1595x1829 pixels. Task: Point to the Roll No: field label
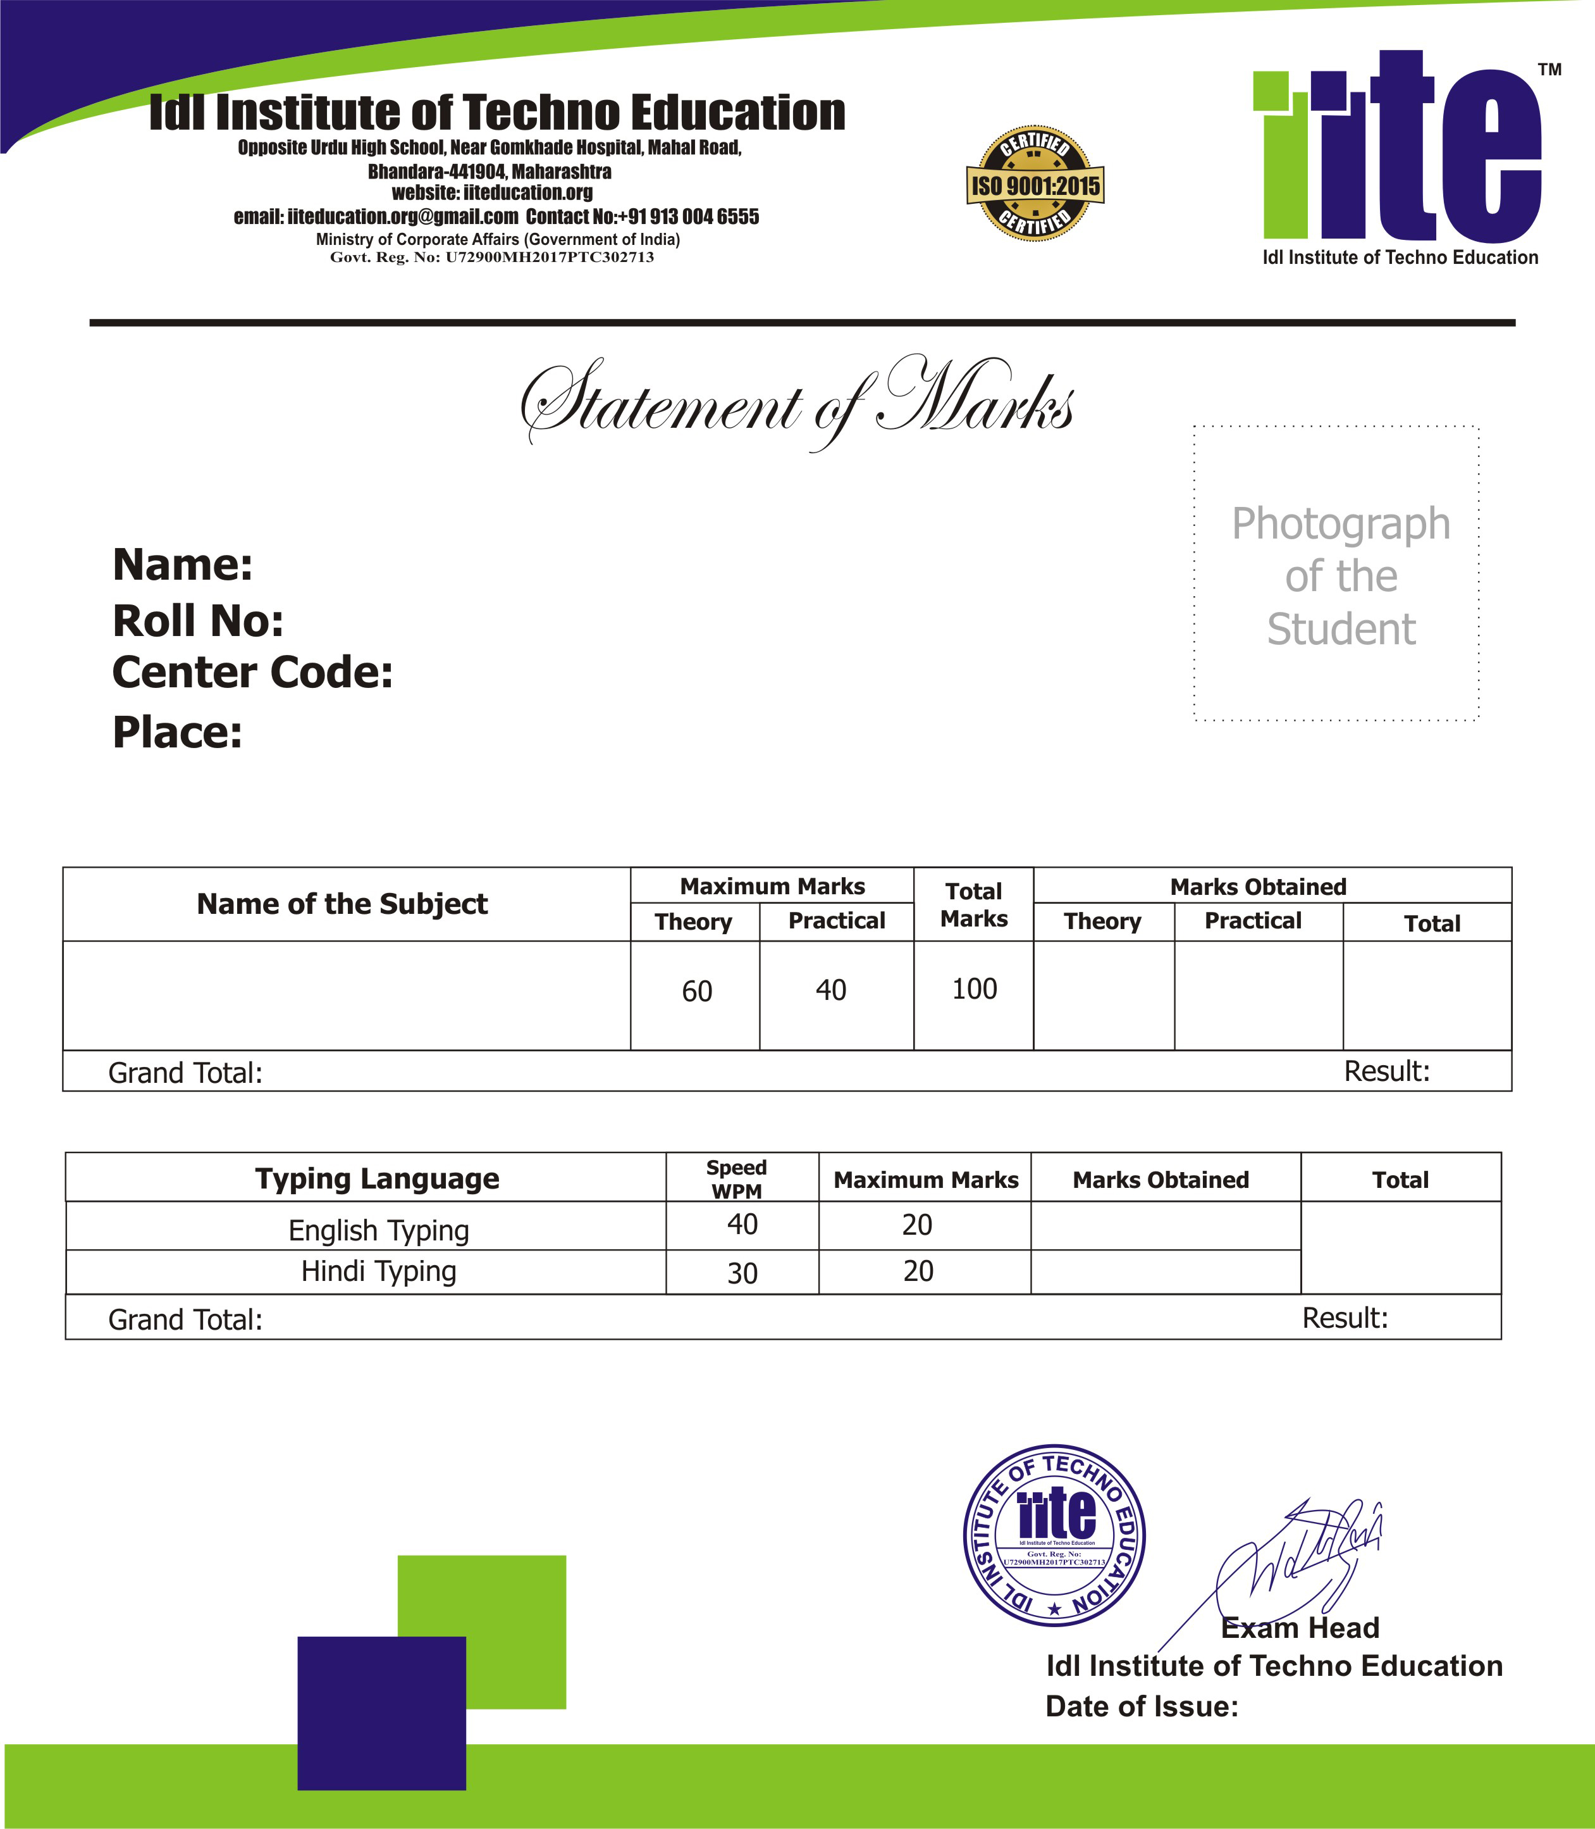(x=197, y=621)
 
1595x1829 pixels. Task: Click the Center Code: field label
(x=252, y=672)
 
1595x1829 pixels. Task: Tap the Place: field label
(x=177, y=733)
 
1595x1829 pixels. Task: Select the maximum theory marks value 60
(x=697, y=991)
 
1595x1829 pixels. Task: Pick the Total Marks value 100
(x=975, y=989)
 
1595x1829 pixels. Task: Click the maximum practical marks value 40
(x=831, y=990)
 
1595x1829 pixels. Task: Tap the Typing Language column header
(x=378, y=1179)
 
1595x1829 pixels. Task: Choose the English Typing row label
(x=378, y=1230)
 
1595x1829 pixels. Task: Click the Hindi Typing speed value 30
(x=742, y=1273)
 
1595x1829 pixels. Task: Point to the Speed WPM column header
(x=737, y=1179)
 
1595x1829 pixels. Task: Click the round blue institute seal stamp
(x=1055, y=1536)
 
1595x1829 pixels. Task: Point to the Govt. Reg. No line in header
(x=492, y=258)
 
